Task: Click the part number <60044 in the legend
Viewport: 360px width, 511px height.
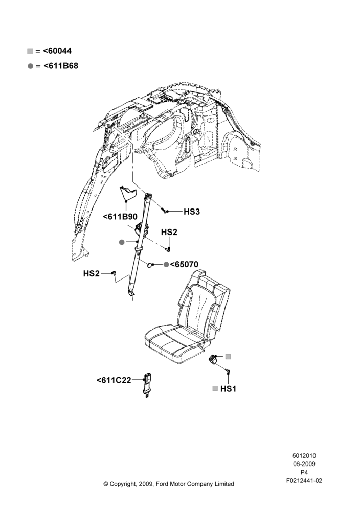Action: (57, 51)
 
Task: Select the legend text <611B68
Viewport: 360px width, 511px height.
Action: (61, 66)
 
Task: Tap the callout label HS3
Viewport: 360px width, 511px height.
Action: (191, 212)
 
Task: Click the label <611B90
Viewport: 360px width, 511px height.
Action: (120, 217)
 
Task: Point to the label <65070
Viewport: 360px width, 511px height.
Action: (184, 264)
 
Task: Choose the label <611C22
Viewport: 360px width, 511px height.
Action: (114, 380)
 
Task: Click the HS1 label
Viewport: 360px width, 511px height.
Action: (228, 389)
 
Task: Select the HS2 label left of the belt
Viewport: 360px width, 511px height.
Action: (92, 273)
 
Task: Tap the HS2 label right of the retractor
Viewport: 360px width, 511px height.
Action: (169, 232)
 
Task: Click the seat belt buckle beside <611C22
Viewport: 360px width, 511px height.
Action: (148, 385)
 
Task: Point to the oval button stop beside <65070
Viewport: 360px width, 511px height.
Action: (150, 265)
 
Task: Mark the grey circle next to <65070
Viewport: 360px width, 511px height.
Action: (166, 264)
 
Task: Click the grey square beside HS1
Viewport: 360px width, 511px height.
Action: (215, 388)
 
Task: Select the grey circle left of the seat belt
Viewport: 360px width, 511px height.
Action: (122, 242)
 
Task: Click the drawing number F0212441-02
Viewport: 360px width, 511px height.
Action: (304, 480)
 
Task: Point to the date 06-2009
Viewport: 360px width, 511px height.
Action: (304, 464)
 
